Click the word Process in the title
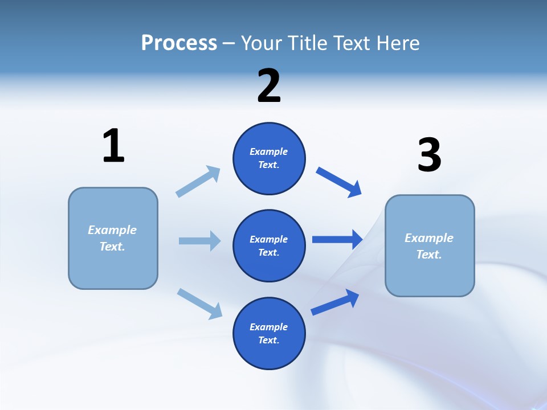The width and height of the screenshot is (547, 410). [179, 43]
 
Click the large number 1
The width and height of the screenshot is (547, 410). [113, 146]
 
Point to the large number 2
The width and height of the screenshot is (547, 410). [269, 86]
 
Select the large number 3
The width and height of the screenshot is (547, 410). [429, 155]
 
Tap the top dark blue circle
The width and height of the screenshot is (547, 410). [269, 158]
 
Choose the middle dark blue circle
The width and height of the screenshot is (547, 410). [269, 245]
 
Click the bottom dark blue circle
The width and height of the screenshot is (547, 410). [269, 333]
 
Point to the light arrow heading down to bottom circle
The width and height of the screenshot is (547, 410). [199, 304]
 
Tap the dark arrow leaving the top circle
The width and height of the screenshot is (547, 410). [339, 182]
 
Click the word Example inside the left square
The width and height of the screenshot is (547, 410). [112, 230]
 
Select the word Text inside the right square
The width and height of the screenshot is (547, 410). [428, 255]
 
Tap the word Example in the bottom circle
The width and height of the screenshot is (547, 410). [268, 327]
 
